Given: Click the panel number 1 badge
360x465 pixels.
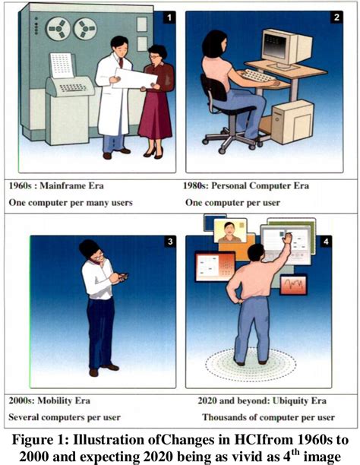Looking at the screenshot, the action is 169,17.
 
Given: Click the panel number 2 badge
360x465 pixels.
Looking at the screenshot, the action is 336,17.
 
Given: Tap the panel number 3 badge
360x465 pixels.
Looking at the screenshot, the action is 170,242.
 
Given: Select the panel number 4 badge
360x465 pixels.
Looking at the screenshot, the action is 326,242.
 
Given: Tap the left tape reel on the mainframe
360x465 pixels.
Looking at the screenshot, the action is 58,29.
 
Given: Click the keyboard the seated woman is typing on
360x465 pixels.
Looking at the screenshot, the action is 257,76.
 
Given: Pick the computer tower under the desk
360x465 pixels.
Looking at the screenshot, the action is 292,122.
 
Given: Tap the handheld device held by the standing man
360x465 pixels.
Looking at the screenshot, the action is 124,277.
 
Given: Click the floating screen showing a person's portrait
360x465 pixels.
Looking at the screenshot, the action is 230,230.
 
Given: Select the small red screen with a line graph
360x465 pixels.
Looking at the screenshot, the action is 293,285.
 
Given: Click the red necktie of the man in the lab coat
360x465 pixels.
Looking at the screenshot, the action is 121,62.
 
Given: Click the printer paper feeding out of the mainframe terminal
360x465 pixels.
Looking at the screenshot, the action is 62,65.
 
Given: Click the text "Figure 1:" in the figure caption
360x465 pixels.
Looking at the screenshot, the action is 40,439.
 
